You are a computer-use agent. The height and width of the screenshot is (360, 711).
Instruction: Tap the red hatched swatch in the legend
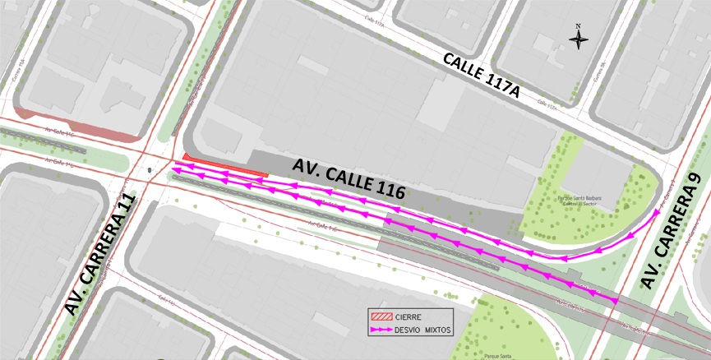tap(381, 316)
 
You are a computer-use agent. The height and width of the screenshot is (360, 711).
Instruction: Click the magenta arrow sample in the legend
tap(381, 330)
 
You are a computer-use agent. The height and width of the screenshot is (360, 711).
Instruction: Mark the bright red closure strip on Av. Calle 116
tap(226, 168)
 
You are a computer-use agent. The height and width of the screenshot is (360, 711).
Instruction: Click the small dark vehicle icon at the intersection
tap(149, 170)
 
